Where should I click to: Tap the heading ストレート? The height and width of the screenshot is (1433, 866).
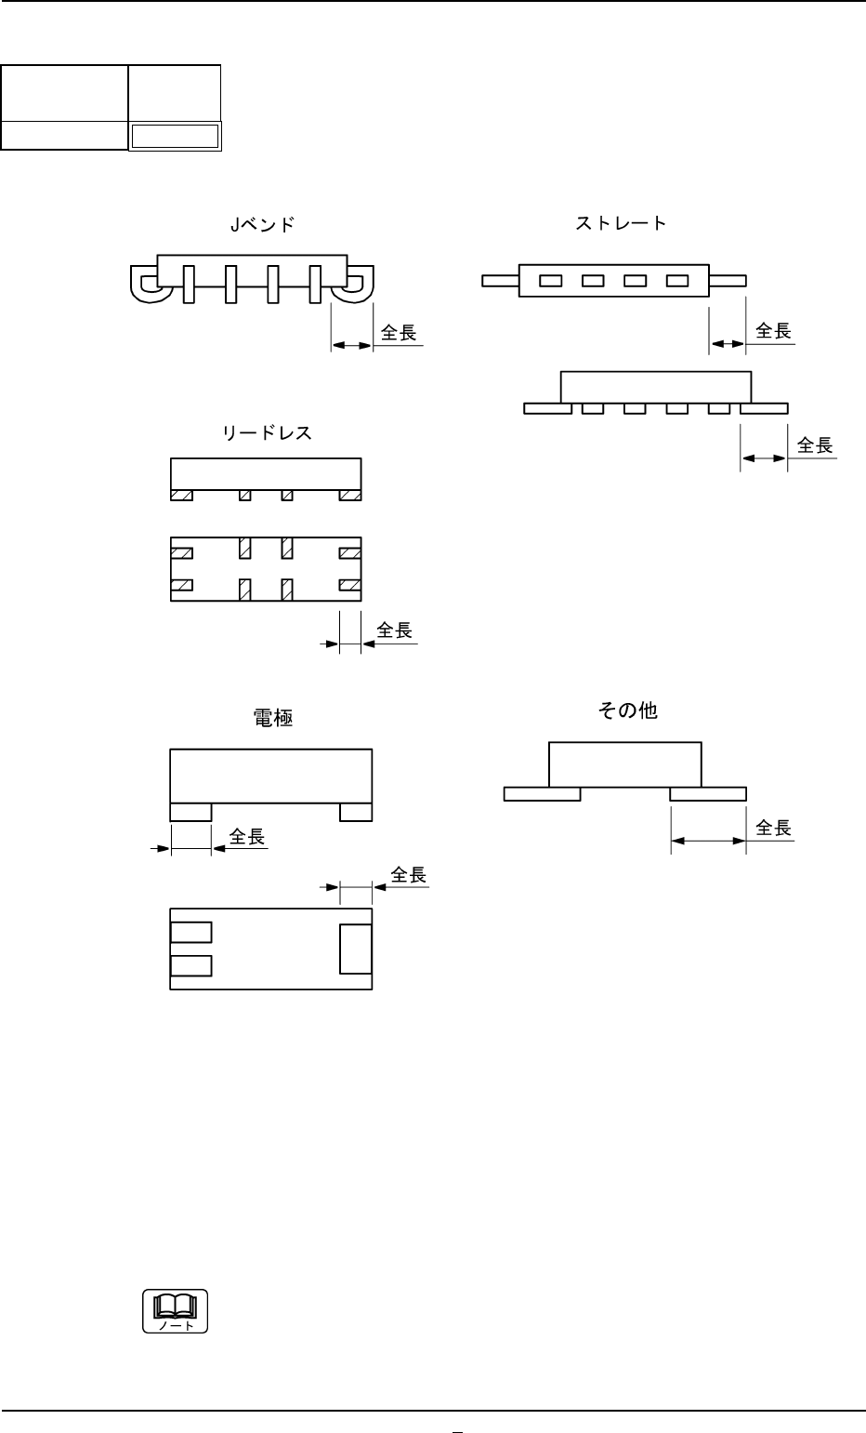coord(620,223)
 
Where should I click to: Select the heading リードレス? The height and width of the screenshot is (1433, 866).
coord(267,432)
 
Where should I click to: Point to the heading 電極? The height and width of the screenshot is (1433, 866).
coord(273,718)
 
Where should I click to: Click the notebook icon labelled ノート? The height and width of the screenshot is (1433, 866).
coord(175,1311)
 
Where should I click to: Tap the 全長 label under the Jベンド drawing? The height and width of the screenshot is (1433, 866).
coord(399,333)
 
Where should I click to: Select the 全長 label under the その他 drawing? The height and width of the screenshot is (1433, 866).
coord(773,828)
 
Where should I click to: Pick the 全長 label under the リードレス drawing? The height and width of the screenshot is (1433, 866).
coord(394,631)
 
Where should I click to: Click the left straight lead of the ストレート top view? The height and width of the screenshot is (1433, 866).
coord(500,280)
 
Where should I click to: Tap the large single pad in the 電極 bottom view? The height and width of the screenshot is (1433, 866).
coord(356,949)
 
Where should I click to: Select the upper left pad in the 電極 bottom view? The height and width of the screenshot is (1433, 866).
coord(191,932)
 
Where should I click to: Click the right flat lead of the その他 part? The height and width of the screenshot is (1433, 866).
coord(708,793)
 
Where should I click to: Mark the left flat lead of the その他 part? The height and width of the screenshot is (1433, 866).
coord(542,793)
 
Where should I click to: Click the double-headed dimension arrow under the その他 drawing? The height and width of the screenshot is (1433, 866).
coord(708,841)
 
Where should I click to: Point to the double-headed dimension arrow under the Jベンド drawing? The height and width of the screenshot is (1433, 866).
coord(352,345)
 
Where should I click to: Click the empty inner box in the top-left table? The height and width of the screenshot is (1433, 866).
coord(175,137)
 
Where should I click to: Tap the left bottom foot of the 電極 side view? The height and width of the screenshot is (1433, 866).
coord(191,812)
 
